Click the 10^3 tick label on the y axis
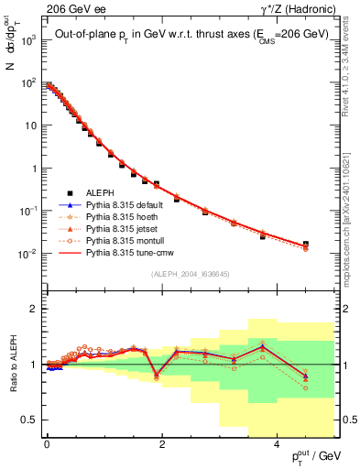click(x=28, y=41)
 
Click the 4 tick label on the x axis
click(x=278, y=444)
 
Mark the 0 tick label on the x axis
click(x=46, y=444)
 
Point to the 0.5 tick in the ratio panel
click(x=31, y=420)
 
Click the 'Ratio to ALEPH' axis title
click(x=12, y=365)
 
